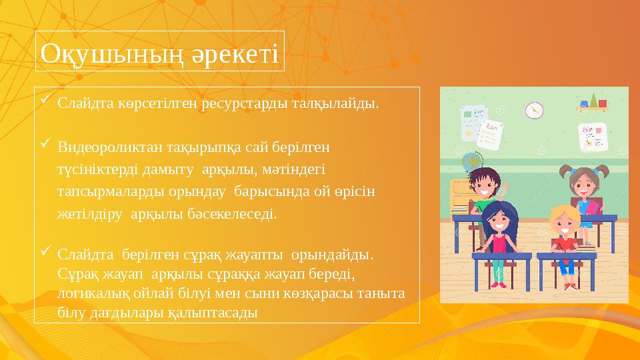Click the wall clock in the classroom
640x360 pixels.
coord(534,111)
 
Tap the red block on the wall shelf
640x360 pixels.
coord(603,104)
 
